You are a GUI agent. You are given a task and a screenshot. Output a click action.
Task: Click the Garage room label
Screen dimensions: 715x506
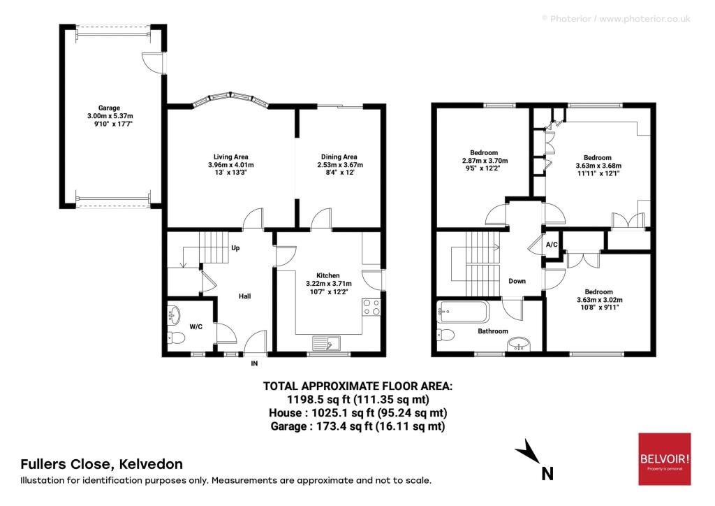(109, 108)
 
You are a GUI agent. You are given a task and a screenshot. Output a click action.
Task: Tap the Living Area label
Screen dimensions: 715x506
(230, 157)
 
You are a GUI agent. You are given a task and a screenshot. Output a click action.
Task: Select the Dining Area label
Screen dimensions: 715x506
(339, 157)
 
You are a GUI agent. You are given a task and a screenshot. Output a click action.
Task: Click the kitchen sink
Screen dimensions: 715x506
(326, 342)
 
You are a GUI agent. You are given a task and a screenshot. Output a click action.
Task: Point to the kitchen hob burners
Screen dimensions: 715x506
(371, 307)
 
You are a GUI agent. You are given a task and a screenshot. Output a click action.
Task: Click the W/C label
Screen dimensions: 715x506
(196, 326)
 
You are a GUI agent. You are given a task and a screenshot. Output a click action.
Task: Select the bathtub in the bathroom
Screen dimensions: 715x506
(462, 311)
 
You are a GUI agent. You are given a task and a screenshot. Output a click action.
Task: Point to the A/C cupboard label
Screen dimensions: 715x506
(552, 245)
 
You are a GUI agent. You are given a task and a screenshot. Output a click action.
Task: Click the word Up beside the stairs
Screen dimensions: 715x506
(235, 248)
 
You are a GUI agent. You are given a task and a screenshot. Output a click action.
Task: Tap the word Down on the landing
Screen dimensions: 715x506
(517, 281)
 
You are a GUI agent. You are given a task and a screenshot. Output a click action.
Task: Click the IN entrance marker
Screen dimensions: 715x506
(254, 363)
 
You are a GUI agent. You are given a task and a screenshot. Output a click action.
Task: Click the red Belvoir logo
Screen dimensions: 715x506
(665, 459)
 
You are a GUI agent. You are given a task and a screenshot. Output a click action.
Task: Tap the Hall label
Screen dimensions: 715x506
(245, 296)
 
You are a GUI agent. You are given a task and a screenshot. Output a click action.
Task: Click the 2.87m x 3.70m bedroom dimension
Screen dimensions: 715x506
(485, 161)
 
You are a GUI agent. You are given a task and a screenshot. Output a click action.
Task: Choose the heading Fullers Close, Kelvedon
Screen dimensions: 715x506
(102, 465)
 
